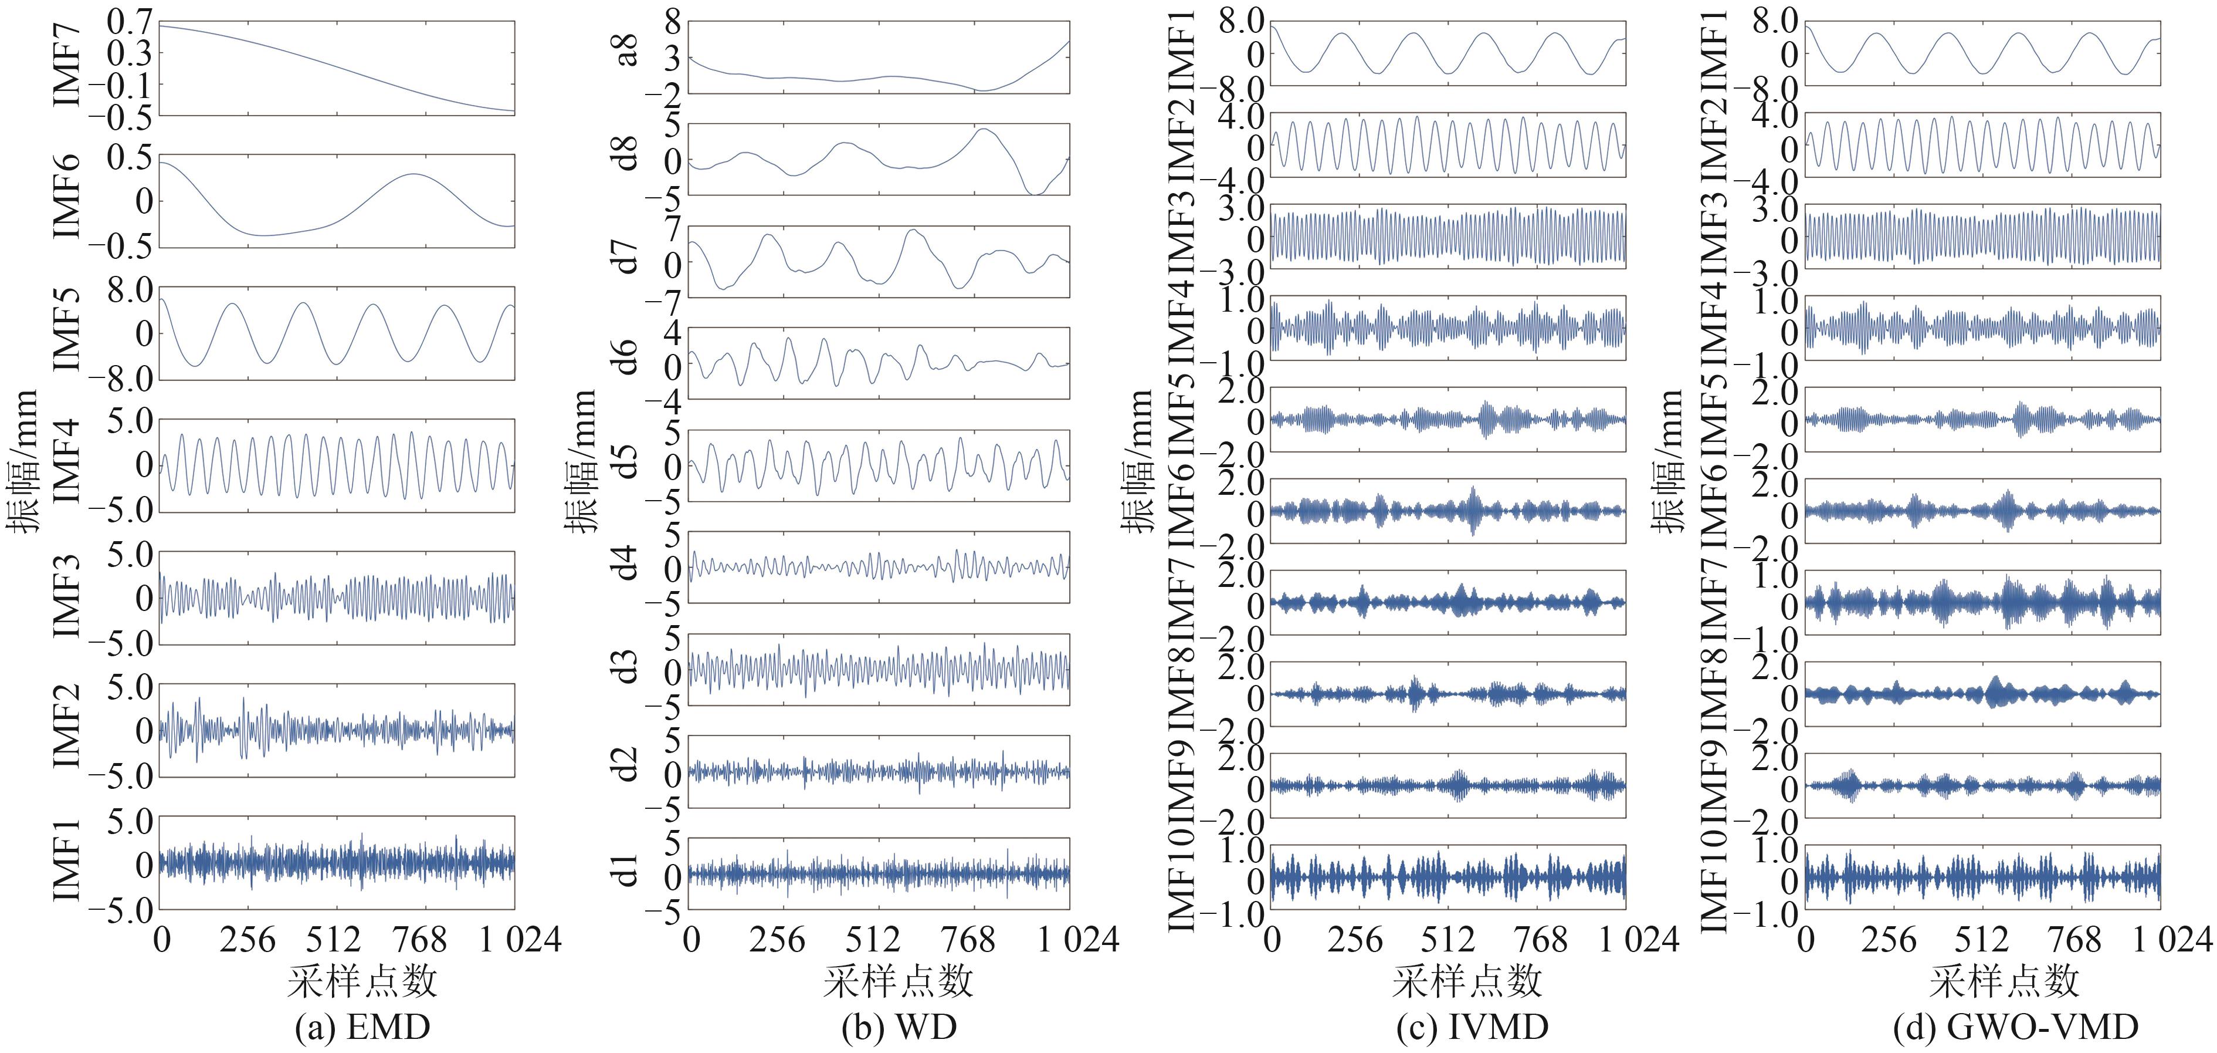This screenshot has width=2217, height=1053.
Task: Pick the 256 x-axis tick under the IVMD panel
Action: coord(1354,939)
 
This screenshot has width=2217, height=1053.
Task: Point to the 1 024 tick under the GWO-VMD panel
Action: coord(2171,939)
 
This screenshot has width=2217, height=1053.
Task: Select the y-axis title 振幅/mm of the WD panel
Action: coord(582,461)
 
